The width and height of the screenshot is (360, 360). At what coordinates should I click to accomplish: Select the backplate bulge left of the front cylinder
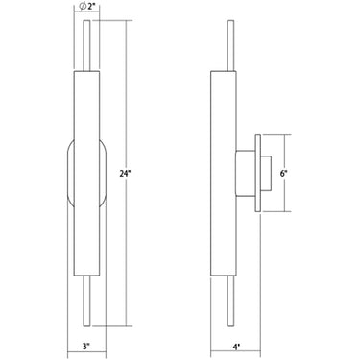coord(67,173)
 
